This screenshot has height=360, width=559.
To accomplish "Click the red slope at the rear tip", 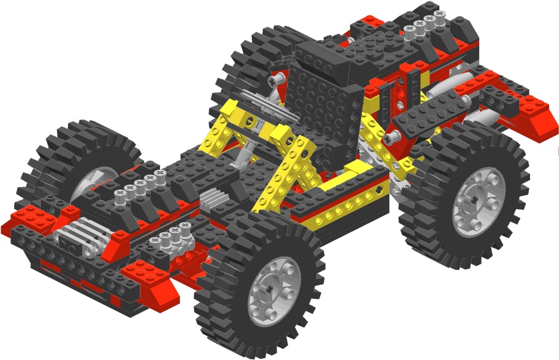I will (538, 115).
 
